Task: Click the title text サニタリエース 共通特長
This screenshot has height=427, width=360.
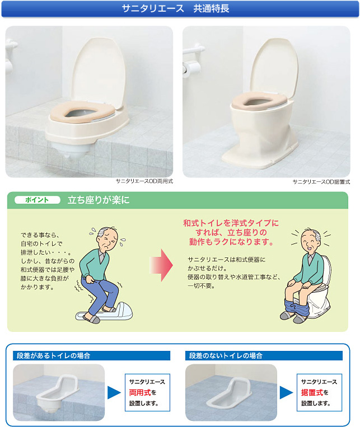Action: pyautogui.click(x=175, y=8)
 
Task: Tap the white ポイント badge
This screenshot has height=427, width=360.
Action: pyautogui.click(x=38, y=200)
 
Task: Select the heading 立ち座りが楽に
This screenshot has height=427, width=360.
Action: pyautogui.click(x=99, y=200)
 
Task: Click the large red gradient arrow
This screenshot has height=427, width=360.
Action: pyautogui.click(x=161, y=265)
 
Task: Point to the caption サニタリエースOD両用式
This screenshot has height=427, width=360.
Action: pyautogui.click(x=144, y=181)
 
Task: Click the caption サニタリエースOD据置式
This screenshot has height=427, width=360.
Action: pyautogui.click(x=321, y=182)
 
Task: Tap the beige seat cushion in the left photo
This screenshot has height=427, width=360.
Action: pyautogui.click(x=82, y=111)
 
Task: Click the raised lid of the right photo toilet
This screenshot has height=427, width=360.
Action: pyautogui.click(x=274, y=68)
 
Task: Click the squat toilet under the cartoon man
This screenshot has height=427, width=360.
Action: pyautogui.click(x=104, y=312)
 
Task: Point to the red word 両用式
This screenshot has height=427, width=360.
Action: pyautogui.click(x=140, y=392)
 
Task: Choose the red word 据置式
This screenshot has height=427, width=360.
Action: pyautogui.click(x=312, y=392)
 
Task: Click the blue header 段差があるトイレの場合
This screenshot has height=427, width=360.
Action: pyautogui.click(x=53, y=356)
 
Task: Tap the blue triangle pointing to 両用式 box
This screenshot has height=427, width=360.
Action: pyautogui.click(x=114, y=392)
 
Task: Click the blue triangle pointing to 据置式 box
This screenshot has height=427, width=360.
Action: pyautogui.click(x=287, y=392)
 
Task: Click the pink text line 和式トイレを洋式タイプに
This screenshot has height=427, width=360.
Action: pyautogui.click(x=231, y=223)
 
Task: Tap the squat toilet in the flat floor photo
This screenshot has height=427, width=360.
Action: pyautogui.click(x=230, y=393)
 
